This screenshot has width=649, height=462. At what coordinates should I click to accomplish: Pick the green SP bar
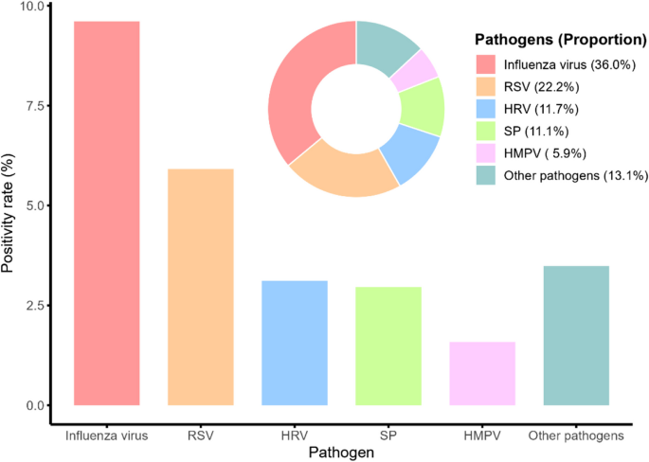coord(388,346)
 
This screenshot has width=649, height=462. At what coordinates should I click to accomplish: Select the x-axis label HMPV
coord(481,436)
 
